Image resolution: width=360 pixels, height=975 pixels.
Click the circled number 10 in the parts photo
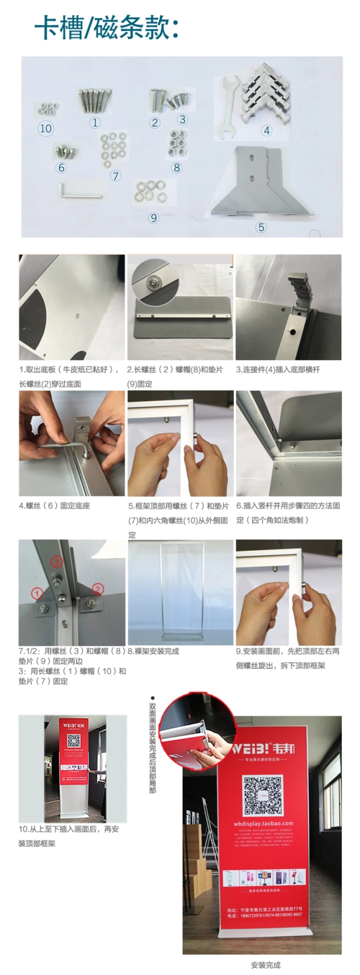46,128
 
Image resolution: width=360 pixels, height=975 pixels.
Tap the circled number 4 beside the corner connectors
266,131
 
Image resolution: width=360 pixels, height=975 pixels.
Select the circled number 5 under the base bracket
261,227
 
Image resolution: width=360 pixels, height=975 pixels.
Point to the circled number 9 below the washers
153,217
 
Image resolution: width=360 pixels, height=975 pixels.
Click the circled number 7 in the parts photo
116,175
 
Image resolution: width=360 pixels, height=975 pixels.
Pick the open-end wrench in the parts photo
229,107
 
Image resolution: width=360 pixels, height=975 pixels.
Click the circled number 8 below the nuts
177,167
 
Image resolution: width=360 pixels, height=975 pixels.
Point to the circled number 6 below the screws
61,168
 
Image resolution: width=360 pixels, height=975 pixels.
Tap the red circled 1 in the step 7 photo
37,593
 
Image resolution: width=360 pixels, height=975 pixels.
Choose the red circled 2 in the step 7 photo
99,588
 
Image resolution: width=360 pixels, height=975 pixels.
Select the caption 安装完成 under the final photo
265,964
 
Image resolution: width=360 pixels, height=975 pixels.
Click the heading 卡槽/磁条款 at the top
107,29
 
